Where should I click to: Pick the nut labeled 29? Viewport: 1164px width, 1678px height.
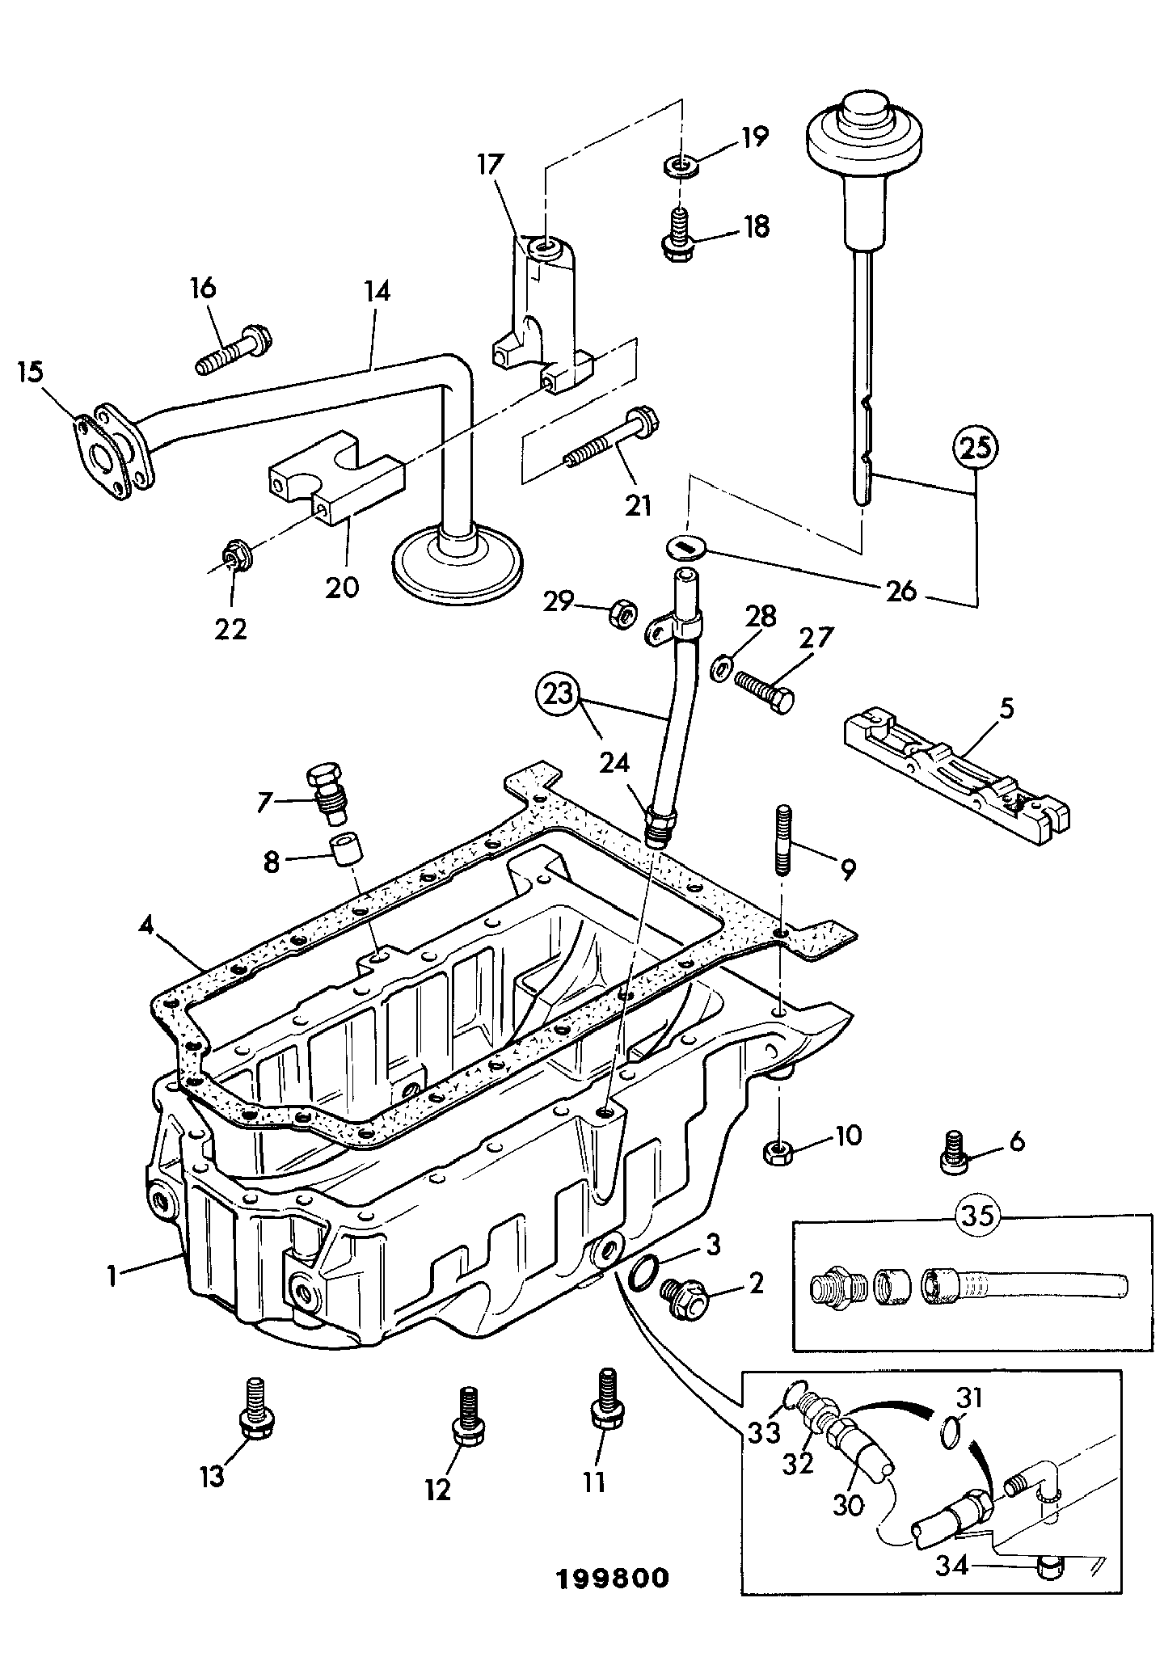(620, 613)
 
